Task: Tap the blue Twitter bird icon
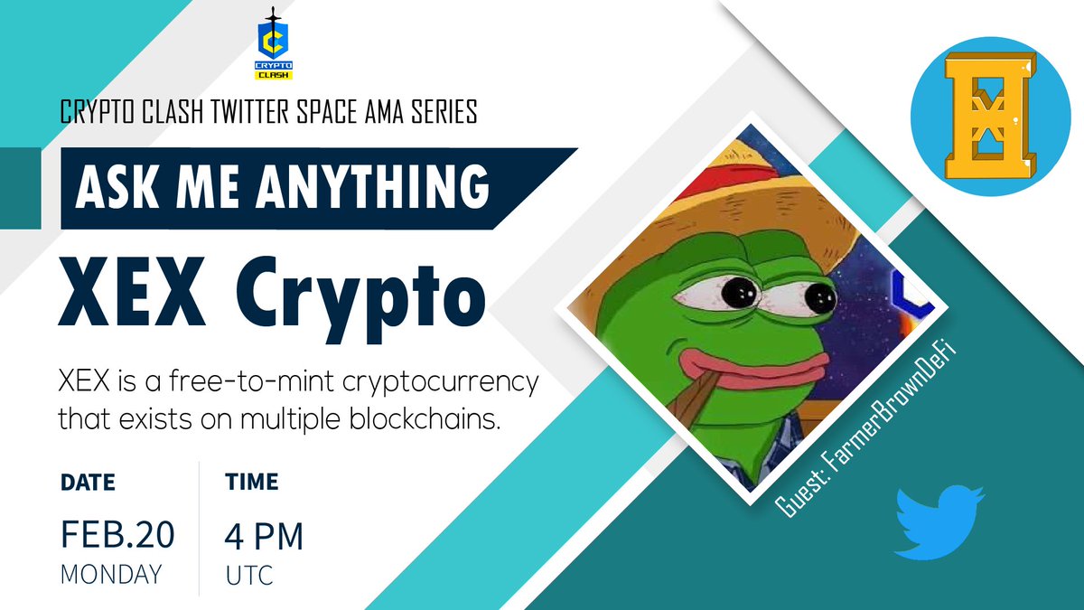[x=939, y=521]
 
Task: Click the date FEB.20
[x=117, y=536]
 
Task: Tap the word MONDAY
[x=111, y=574]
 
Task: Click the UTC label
[x=249, y=575]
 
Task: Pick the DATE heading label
[x=88, y=481]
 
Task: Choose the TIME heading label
[x=251, y=481]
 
